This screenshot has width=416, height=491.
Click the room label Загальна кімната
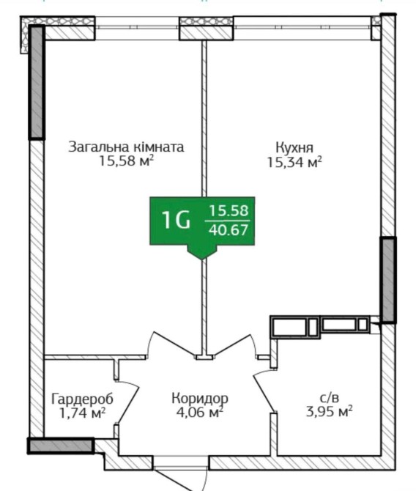click(126, 147)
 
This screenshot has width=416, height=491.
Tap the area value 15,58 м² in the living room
click(127, 161)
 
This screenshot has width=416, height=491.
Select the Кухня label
click(294, 147)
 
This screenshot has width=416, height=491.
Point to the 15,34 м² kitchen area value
click(294, 162)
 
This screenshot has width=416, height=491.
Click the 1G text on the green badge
click(176, 220)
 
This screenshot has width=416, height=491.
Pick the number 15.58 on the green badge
click(229, 210)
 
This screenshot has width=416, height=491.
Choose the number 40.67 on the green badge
click(229, 230)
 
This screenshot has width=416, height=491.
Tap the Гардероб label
click(82, 399)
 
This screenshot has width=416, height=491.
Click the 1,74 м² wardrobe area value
click(82, 413)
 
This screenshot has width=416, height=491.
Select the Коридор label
click(200, 399)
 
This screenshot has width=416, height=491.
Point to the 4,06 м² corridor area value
click(200, 413)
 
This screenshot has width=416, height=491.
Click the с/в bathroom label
click(330, 398)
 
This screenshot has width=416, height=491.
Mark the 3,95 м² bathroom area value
click(330, 412)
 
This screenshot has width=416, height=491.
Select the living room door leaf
click(174, 344)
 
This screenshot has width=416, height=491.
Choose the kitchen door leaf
click(233, 344)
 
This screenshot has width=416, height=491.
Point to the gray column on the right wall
click(388, 280)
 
